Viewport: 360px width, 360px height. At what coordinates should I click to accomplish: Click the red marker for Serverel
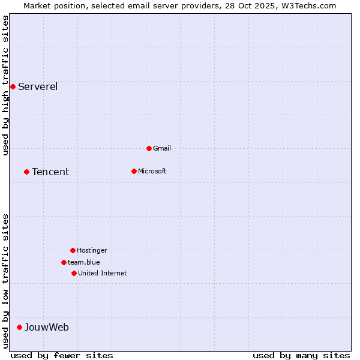[x=13, y=86]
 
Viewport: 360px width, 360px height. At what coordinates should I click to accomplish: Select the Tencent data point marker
[x=26, y=172]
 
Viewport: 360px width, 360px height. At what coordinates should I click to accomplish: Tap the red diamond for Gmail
[x=149, y=148]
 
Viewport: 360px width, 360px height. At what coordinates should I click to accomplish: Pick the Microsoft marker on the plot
[x=134, y=171]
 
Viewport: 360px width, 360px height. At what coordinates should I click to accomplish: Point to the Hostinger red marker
[x=73, y=250]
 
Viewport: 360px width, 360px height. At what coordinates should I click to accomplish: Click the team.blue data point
[x=64, y=262]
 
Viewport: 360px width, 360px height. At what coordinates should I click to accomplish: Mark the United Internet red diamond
[x=74, y=273]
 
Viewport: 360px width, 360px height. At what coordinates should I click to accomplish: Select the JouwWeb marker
[x=19, y=327]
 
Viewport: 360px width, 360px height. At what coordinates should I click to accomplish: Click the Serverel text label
[x=38, y=86]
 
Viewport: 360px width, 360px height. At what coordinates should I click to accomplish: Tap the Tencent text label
[x=50, y=172]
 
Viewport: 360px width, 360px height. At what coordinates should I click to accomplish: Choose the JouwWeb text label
[x=47, y=327]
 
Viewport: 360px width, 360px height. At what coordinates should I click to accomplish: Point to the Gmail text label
[x=162, y=148]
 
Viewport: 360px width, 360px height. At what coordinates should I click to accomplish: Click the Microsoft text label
[x=152, y=171]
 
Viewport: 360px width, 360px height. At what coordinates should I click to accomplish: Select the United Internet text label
[x=103, y=273]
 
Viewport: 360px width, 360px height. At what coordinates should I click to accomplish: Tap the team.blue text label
[x=84, y=262]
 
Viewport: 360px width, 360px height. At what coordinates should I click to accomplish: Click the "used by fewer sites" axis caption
[x=62, y=355]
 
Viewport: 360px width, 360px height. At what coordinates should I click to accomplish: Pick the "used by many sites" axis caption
[x=301, y=355]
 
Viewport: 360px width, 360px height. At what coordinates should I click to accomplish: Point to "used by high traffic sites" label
[x=5, y=86]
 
